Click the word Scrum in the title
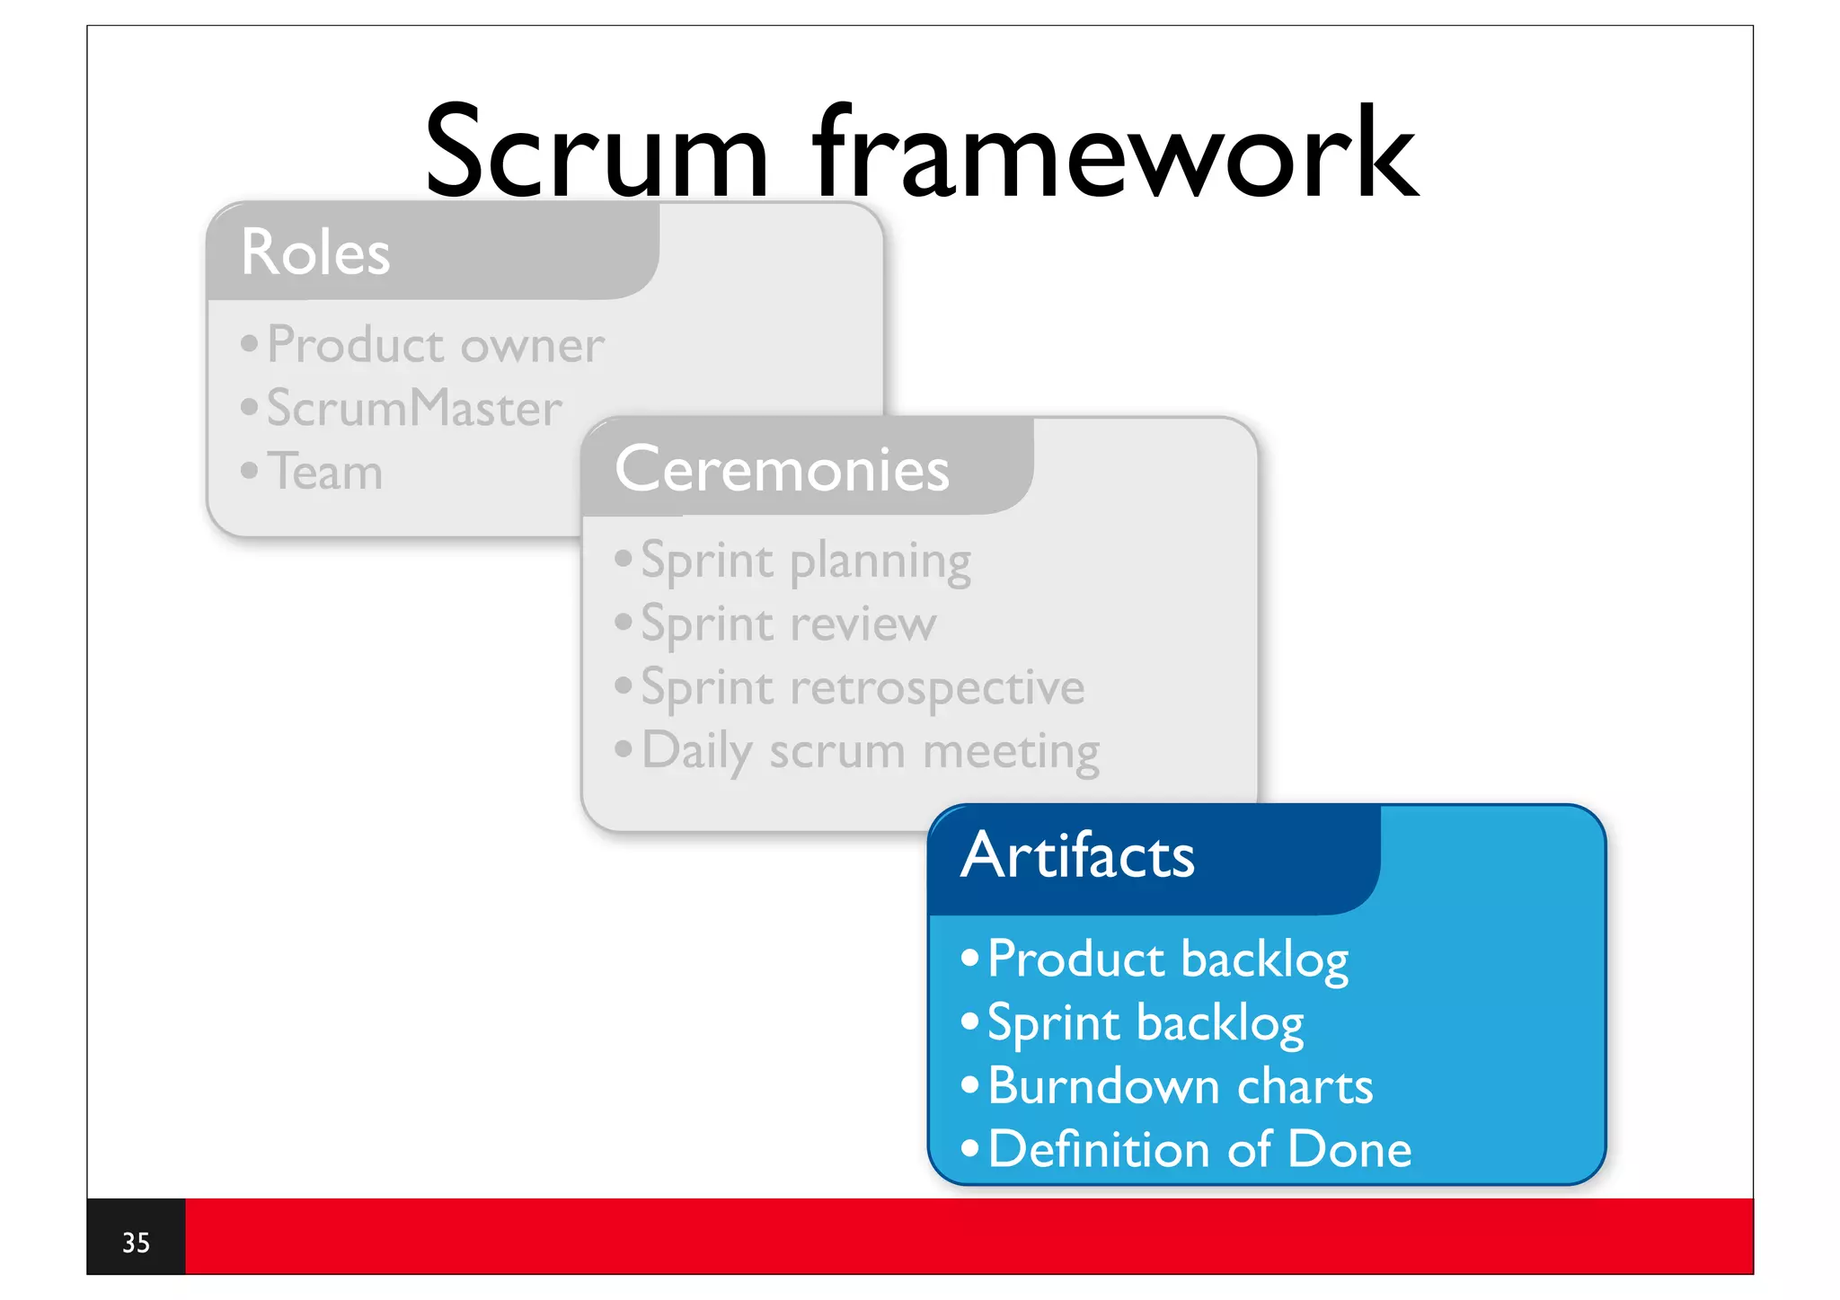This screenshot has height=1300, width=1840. click(x=597, y=153)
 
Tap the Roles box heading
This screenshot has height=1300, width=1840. click(x=315, y=252)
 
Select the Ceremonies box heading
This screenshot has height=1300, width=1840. click(x=782, y=469)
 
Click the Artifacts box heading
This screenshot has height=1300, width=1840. click(x=1077, y=854)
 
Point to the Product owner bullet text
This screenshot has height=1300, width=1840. click(x=436, y=345)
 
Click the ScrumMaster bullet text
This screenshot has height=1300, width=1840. click(x=414, y=409)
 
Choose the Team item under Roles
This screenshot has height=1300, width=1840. click(x=325, y=473)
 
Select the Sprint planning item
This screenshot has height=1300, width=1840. click(x=806, y=562)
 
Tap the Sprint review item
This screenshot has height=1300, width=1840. click(x=788, y=624)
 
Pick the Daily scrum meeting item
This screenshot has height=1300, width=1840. click(x=870, y=752)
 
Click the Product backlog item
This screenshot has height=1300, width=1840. click(x=1168, y=960)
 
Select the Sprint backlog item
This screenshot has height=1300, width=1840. click(x=1146, y=1023)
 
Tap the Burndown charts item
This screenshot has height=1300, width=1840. click(x=1180, y=1087)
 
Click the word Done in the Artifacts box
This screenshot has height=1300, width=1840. click(x=1349, y=1150)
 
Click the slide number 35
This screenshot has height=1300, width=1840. click(x=136, y=1243)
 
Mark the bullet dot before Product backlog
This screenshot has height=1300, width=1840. click(x=969, y=958)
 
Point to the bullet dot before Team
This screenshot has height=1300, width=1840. click(x=250, y=470)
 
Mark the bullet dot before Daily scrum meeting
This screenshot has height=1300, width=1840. click(x=624, y=748)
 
